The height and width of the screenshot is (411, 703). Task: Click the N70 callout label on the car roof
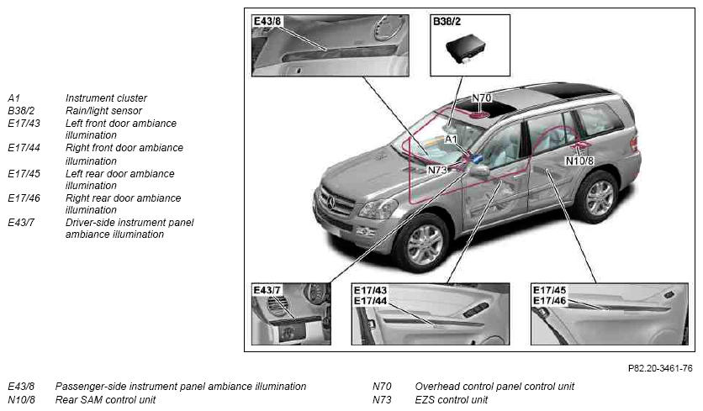pyautogui.click(x=482, y=97)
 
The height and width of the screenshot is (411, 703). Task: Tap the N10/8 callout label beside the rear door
pyautogui.click(x=579, y=161)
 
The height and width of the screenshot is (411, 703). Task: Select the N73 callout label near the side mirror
pyautogui.click(x=437, y=171)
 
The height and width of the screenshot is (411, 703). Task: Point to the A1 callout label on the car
pyautogui.click(x=451, y=139)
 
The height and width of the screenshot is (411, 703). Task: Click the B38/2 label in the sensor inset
pyautogui.click(x=447, y=21)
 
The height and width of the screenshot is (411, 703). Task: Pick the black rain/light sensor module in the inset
pyautogui.click(x=466, y=48)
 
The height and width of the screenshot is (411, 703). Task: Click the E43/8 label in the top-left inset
pyautogui.click(x=267, y=21)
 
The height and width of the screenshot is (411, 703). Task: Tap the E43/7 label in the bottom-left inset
pyautogui.click(x=267, y=290)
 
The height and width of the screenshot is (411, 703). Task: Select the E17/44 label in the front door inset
pyautogui.click(x=370, y=301)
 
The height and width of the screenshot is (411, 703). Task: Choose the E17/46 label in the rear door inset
pyautogui.click(x=549, y=300)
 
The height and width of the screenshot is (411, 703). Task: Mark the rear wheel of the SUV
pyautogui.click(x=598, y=197)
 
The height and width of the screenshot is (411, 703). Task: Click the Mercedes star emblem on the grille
pyautogui.click(x=331, y=203)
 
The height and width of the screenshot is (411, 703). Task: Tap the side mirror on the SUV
pyautogui.click(x=478, y=171)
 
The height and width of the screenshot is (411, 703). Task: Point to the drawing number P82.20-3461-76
pyautogui.click(x=660, y=368)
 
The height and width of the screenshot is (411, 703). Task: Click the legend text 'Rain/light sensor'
pyautogui.click(x=103, y=110)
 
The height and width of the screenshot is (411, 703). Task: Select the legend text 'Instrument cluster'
pyautogui.click(x=106, y=97)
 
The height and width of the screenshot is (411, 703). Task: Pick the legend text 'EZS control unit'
pyautogui.click(x=452, y=399)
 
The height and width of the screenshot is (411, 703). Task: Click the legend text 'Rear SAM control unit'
pyautogui.click(x=105, y=399)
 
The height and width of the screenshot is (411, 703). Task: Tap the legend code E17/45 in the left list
pyautogui.click(x=24, y=173)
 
